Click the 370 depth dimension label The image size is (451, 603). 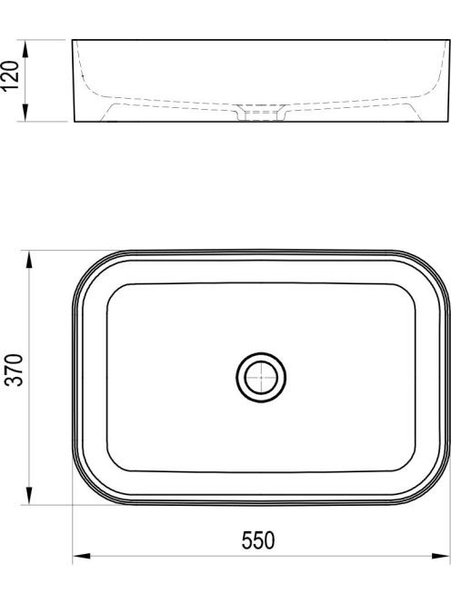pyautogui.click(x=15, y=370)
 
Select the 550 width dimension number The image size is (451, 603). pyautogui.click(x=258, y=540)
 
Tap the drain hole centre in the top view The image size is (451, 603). pyautogui.click(x=261, y=377)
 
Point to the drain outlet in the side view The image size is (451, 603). pyautogui.click(x=261, y=113)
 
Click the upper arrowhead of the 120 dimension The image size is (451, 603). pyautogui.click(x=25, y=49)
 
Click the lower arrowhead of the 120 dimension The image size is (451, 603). pyautogui.click(x=25, y=112)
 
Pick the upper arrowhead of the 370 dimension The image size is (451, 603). pyautogui.click(x=29, y=261)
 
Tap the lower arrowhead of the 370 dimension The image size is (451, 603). pyautogui.click(x=29, y=495)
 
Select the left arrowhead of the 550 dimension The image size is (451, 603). pyautogui.click(x=82, y=556)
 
